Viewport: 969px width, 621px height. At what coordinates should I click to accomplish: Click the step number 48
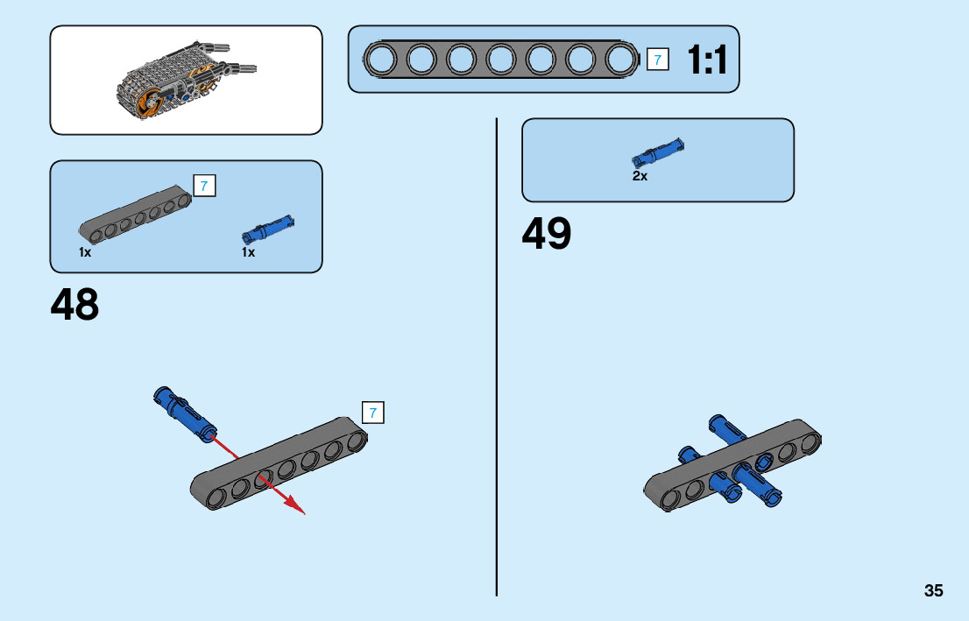point(74,305)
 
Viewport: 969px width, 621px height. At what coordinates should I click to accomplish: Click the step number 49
point(546,234)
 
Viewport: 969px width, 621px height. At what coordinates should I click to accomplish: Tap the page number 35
point(933,591)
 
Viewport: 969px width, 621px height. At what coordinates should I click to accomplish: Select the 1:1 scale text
point(706,60)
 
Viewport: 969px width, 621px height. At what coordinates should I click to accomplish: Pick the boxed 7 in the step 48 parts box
point(203,186)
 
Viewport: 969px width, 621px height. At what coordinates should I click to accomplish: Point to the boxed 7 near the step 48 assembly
point(372,413)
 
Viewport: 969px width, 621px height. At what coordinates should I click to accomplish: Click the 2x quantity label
point(640,176)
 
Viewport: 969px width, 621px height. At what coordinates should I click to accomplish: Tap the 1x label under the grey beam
point(85,252)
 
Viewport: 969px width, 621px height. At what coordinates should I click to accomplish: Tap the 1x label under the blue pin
point(249,252)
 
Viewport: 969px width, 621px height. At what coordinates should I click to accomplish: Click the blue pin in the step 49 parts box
point(657,152)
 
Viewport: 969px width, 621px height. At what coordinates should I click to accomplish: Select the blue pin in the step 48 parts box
point(267,230)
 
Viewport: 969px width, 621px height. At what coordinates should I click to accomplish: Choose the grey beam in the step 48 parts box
point(135,215)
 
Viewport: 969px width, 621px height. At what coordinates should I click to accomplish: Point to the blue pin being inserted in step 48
point(182,408)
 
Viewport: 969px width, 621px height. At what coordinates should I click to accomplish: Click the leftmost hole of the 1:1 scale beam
point(381,60)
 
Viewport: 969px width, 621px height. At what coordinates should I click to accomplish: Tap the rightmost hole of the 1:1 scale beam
point(620,60)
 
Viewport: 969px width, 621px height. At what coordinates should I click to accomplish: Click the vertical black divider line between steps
point(497,350)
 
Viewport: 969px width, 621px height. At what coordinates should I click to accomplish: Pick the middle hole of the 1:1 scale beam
point(500,60)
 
